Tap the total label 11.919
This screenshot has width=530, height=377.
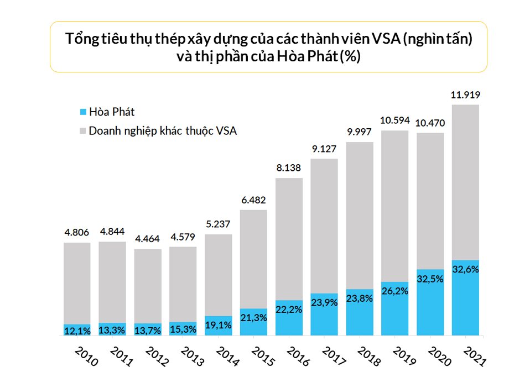(x=465, y=95)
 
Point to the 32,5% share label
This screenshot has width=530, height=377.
(x=430, y=279)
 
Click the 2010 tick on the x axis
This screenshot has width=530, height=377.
(x=86, y=357)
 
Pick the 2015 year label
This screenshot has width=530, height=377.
(x=262, y=357)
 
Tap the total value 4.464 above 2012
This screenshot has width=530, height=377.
(x=148, y=239)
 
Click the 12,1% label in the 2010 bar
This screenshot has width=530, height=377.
(x=77, y=331)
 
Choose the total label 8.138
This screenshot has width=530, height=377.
(x=289, y=169)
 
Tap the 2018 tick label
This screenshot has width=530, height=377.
(x=368, y=357)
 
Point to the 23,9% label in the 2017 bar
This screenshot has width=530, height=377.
(x=324, y=302)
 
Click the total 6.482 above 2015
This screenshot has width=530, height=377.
(x=253, y=200)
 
